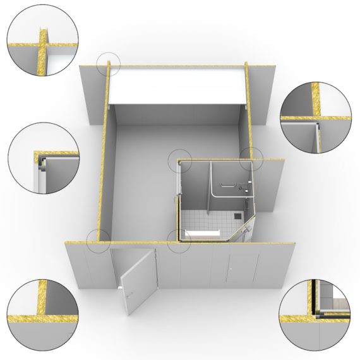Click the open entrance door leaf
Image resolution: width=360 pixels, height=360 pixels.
(139, 281)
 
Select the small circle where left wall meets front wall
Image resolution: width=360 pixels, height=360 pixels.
(98, 241)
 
